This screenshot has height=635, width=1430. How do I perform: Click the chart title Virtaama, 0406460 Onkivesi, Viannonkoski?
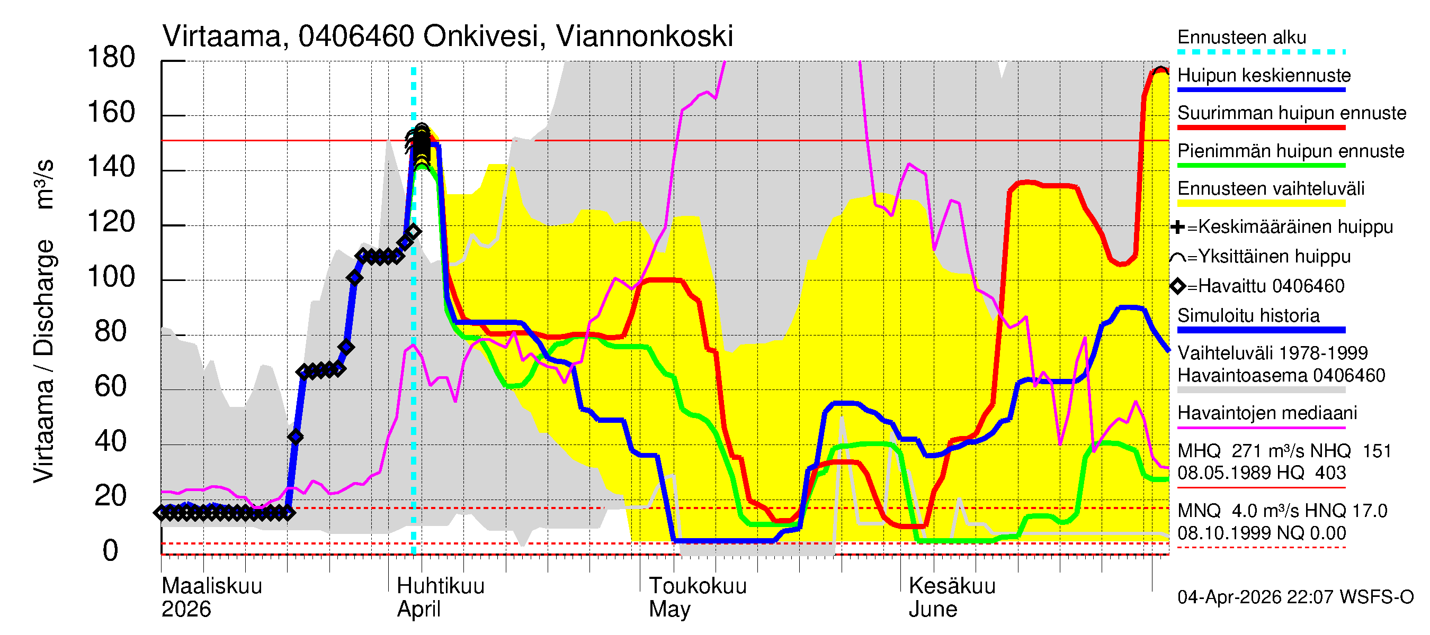448,37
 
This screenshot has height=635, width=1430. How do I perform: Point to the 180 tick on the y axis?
111,58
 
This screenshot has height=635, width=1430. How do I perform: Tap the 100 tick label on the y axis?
111,277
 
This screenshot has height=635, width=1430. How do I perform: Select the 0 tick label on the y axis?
111,551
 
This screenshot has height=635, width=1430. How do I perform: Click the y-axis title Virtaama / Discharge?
43,360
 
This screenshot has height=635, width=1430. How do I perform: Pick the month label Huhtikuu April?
440,597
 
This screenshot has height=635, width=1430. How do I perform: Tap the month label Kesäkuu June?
952,597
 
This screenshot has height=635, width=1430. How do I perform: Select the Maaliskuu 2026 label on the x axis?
211,597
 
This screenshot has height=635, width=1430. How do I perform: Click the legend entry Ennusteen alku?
1241,38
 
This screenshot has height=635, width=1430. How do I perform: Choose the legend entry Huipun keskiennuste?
1264,76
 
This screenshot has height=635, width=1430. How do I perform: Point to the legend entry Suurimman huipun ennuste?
1291,113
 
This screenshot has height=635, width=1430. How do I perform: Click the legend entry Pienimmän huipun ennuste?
1290,151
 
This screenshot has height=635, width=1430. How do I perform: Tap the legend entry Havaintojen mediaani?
1267,413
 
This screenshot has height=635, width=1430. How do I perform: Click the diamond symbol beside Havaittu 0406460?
1177,286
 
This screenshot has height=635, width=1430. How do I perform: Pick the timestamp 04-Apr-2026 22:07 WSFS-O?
1294,597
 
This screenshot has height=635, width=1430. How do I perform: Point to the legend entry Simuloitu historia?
1248,315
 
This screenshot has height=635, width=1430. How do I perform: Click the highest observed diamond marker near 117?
413,231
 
